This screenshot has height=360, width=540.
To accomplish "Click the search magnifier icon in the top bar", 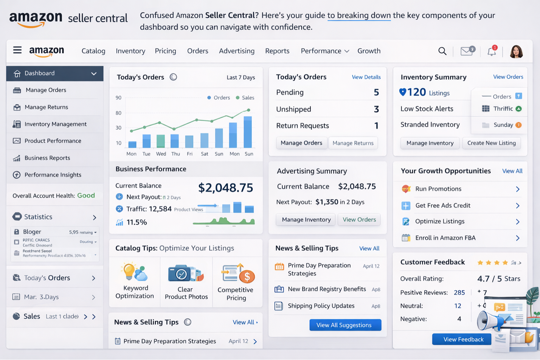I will (x=442, y=51).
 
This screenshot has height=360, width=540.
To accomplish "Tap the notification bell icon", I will (x=491, y=52).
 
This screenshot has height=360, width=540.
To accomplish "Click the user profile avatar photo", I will (x=516, y=52).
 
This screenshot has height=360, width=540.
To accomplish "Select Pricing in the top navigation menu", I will (x=165, y=51).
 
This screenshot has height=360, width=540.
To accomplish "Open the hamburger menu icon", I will (x=17, y=50).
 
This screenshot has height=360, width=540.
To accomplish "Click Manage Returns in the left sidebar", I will (x=46, y=107).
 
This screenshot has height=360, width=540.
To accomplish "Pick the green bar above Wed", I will (x=161, y=141).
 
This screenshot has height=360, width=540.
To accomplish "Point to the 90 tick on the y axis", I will (x=118, y=98).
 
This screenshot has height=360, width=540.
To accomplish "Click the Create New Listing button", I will (x=491, y=143).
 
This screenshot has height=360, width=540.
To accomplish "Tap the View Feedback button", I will (x=463, y=339).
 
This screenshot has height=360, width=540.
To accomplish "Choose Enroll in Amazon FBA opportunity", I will (x=445, y=238).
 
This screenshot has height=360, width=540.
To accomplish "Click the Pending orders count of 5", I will (x=376, y=92).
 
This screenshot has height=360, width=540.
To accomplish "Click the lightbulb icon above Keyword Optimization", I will (x=129, y=271).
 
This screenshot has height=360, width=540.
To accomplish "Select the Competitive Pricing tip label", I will (x=236, y=294).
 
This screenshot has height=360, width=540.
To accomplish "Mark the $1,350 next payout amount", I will (x=327, y=202).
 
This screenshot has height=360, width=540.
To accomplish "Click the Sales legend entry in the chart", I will (x=245, y=98).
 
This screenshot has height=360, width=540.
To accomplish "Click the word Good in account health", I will (x=86, y=195).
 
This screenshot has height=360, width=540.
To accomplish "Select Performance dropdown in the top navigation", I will (x=324, y=51).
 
